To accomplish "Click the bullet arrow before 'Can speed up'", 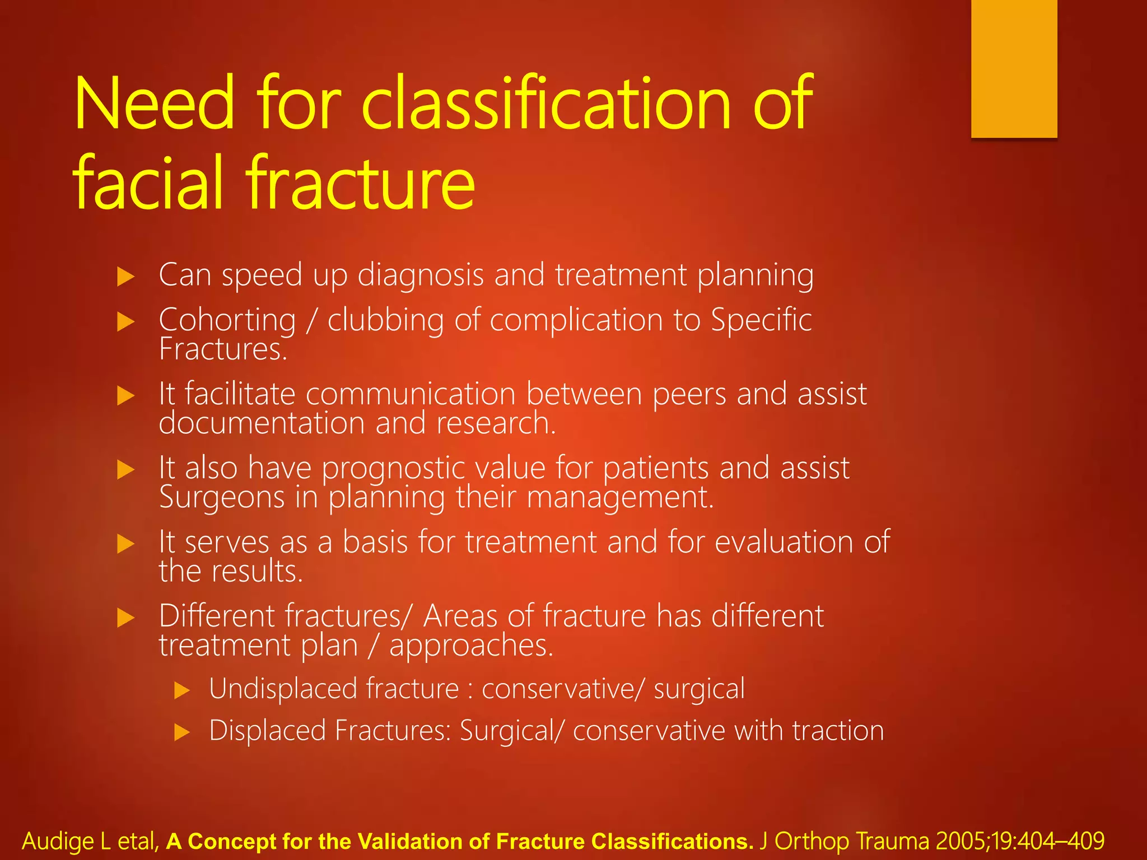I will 126,277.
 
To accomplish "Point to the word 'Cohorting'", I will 227,321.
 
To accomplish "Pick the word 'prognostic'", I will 393,468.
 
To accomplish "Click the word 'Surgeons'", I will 222,497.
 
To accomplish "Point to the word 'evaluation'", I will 784,542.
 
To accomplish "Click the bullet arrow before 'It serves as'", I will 126,544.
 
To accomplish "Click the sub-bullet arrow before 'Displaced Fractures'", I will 182,732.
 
